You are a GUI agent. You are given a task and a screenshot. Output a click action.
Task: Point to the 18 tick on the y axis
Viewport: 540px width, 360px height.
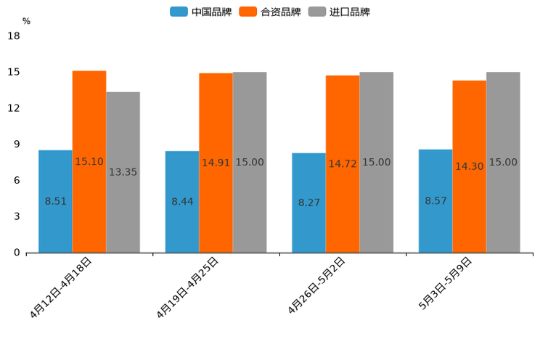[13, 36]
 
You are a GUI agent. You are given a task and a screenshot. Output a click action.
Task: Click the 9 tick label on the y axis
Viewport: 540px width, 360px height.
[17, 144]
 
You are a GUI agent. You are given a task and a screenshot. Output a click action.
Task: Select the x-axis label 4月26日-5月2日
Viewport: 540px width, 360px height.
[316, 286]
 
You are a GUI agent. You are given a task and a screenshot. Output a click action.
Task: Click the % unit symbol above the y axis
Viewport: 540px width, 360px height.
[26, 21]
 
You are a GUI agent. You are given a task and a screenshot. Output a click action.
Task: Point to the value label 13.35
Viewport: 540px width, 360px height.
[123, 172]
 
